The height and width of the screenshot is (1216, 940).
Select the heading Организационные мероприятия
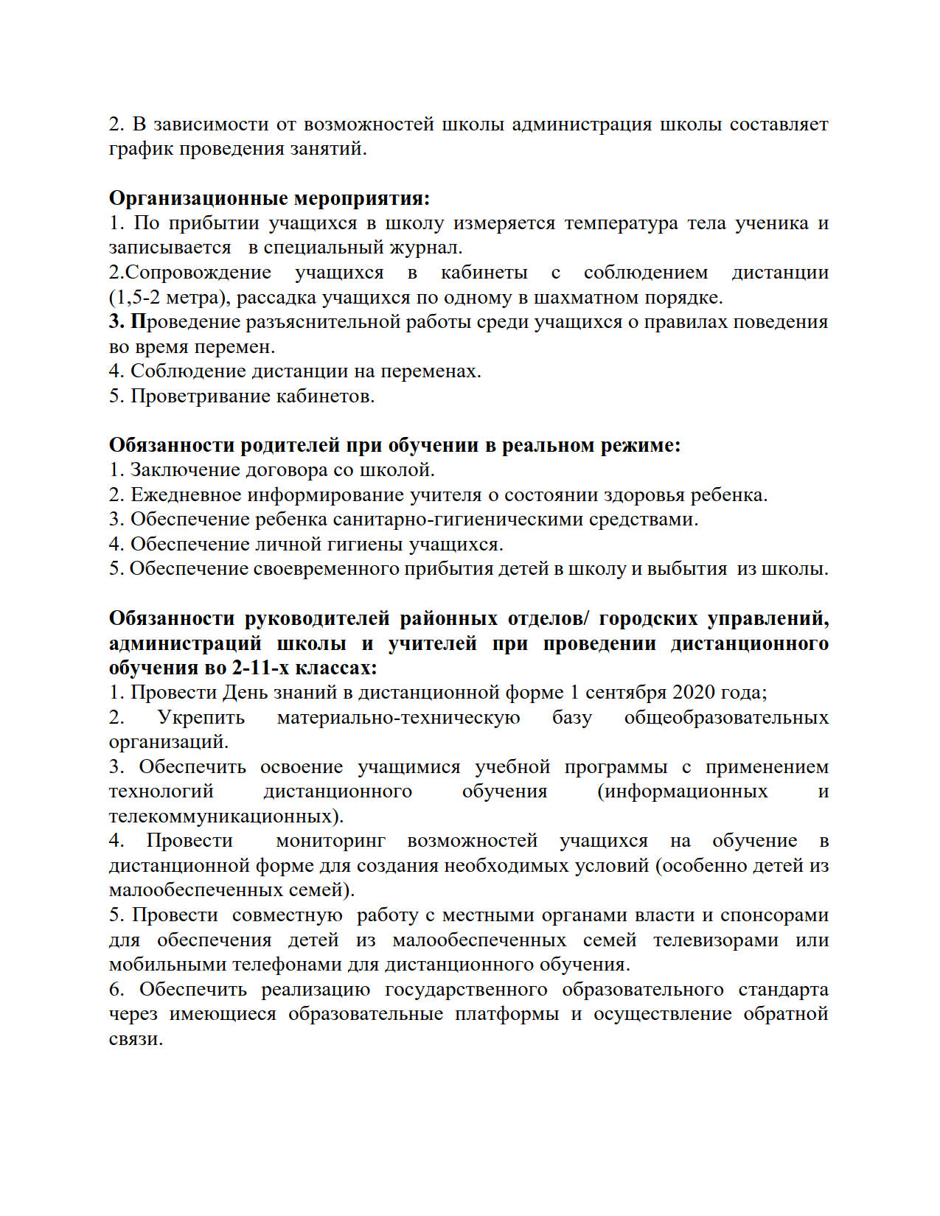click(x=269, y=198)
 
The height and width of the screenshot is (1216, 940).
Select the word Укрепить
click(x=201, y=718)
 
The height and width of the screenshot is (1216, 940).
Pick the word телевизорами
click(x=715, y=940)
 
